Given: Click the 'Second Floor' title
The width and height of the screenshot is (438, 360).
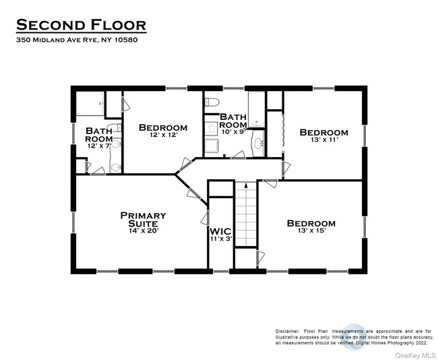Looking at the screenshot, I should [80, 25].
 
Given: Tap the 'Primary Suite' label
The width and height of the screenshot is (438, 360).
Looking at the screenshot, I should [143, 220].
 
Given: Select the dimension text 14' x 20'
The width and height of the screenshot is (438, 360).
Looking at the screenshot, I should [143, 231].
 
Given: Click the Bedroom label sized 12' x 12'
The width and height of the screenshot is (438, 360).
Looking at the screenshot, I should [162, 127].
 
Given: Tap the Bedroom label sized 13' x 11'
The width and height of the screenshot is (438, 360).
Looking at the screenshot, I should [323, 132].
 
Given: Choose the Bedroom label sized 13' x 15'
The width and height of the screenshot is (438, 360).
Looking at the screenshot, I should [311, 223].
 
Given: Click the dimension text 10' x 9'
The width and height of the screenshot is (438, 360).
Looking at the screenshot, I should [233, 133].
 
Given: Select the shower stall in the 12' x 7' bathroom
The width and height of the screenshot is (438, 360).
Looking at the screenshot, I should [89, 105].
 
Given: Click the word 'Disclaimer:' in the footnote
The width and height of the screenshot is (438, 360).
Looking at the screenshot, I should [288, 331].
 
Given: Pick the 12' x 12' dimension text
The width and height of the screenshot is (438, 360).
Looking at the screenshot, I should [162, 136].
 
